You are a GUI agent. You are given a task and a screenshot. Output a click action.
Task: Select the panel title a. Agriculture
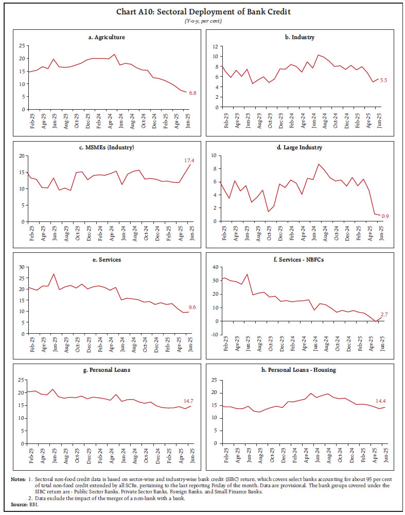click(x=107, y=37)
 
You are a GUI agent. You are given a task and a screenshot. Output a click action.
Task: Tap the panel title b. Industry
click(x=303, y=37)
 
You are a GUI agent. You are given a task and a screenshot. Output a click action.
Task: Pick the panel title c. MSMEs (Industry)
click(x=107, y=148)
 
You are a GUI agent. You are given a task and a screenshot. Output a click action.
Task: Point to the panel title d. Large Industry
click(x=303, y=148)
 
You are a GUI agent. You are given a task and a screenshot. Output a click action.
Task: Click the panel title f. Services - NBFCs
click(x=303, y=260)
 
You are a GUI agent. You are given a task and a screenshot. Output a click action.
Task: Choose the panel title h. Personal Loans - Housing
click(x=303, y=370)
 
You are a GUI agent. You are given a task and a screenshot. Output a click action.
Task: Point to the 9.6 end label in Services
click(x=191, y=307)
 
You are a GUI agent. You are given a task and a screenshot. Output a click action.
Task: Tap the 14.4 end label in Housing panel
click(x=381, y=401)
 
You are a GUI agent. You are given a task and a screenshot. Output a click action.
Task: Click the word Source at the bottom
click(x=19, y=504)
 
